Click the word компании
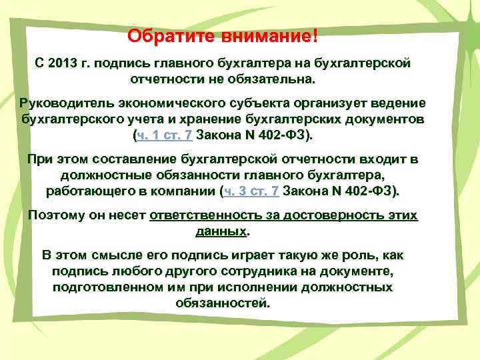click(x=185, y=191)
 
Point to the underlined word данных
click(x=221, y=232)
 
